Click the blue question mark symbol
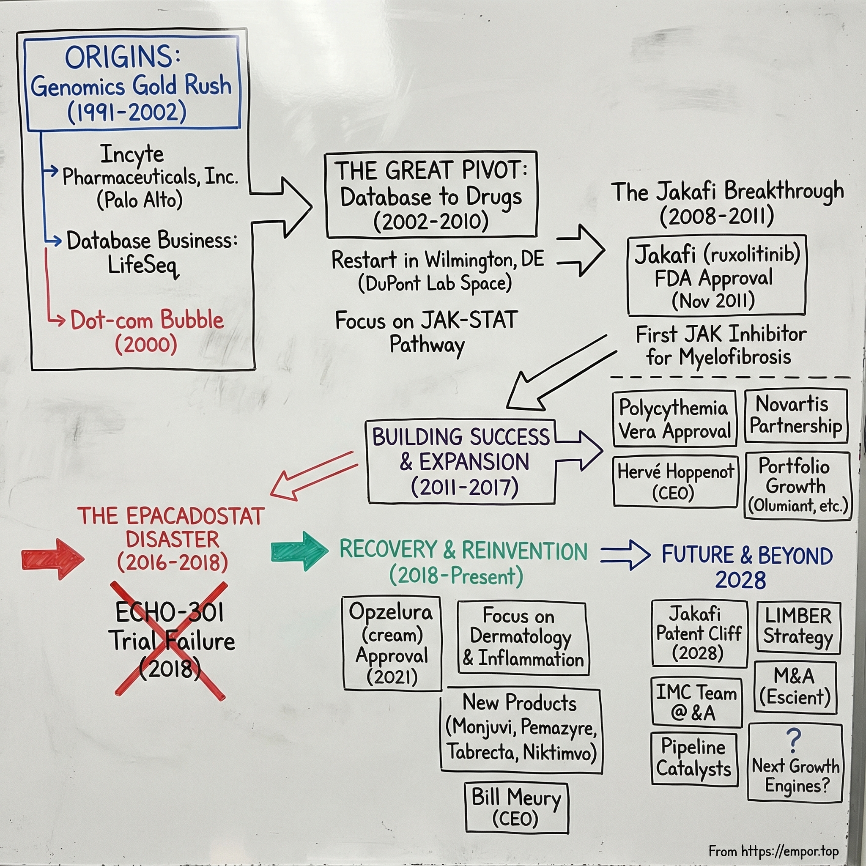point(793,741)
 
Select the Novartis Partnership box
point(796,416)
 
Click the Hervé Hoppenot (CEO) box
point(675,481)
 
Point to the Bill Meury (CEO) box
point(516,808)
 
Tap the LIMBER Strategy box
point(798,627)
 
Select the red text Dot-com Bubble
point(147,320)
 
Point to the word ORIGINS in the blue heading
point(118,57)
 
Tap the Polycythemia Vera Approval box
point(674,419)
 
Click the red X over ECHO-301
point(170,640)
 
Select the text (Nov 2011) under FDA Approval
point(713,300)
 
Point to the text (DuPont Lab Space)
point(435,283)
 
